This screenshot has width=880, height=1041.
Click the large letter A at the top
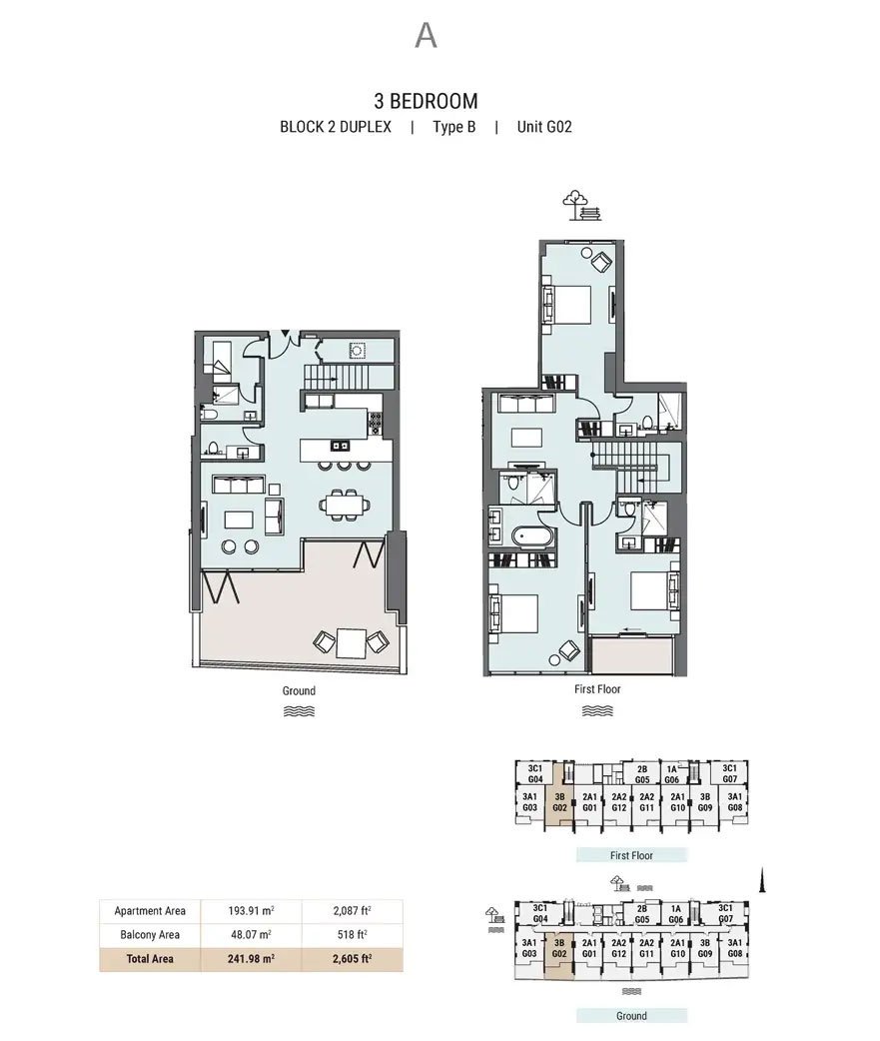pyautogui.click(x=426, y=35)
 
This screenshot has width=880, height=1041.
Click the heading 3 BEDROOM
pyautogui.click(x=427, y=101)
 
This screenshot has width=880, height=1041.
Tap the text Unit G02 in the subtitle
pyautogui.click(x=544, y=127)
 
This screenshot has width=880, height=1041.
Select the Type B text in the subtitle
pyautogui.click(x=453, y=127)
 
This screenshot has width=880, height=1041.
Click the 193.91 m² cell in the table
pyautogui.click(x=251, y=911)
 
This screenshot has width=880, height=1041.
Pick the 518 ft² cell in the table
pyautogui.click(x=352, y=935)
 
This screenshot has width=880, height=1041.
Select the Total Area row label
pyautogui.click(x=150, y=959)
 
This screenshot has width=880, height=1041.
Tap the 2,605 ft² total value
pyautogui.click(x=352, y=959)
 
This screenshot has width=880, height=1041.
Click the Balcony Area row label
pyautogui.click(x=150, y=935)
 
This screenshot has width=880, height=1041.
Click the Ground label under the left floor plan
pyautogui.click(x=299, y=690)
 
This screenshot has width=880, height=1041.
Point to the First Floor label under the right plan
pyautogui.click(x=597, y=689)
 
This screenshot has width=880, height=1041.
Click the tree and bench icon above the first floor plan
pyautogui.click(x=581, y=205)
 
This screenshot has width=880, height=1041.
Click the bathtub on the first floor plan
pyautogui.click(x=532, y=535)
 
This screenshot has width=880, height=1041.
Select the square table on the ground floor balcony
pyautogui.click(x=351, y=641)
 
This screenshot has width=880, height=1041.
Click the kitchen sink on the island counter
pyautogui.click(x=341, y=446)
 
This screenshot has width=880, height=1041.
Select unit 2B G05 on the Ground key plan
pyautogui.click(x=641, y=914)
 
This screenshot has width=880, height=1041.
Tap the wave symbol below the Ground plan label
pyautogui.click(x=299, y=711)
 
